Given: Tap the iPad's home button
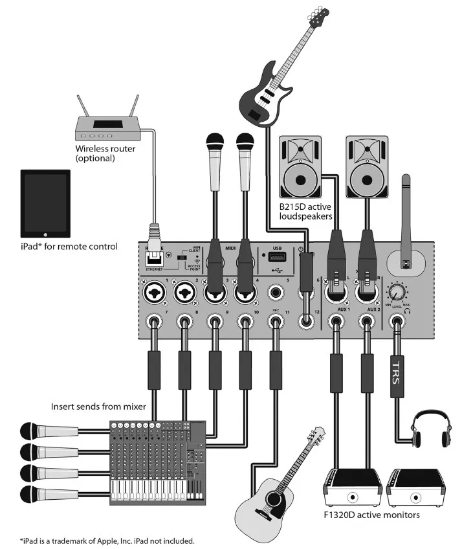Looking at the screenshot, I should pos(45,231).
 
